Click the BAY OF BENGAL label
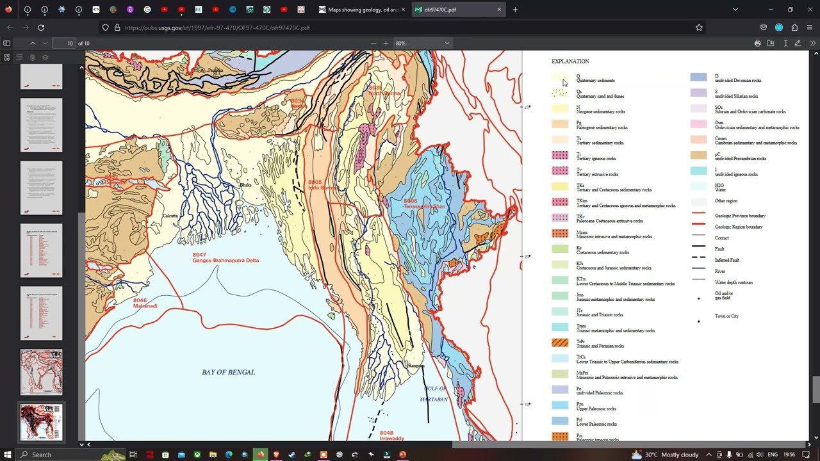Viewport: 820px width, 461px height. [228, 372]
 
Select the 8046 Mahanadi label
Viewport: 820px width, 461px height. [145, 303]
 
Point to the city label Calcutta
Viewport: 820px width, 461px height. [170, 216]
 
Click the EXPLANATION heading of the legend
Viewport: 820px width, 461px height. [570, 61]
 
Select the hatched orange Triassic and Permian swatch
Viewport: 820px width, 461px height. [560, 343]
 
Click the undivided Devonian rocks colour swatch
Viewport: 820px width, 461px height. [698, 77]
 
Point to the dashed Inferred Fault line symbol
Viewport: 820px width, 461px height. [698, 257]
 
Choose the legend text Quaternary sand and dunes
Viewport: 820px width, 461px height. [600, 96]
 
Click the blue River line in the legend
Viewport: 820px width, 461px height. [698, 268]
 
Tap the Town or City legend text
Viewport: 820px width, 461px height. [726, 316]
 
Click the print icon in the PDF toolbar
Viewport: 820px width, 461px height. [757, 44]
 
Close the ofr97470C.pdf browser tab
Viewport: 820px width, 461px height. [499, 10]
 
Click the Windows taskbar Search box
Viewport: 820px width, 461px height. [61, 455]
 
